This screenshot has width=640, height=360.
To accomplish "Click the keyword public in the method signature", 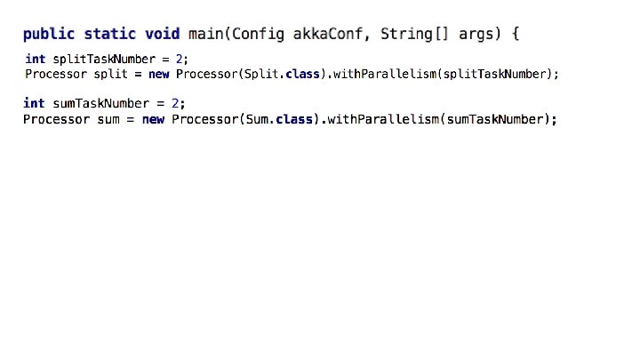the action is (x=50, y=35).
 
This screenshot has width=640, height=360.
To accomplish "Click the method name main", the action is (x=207, y=35).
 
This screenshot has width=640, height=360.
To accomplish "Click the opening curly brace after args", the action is (x=516, y=35).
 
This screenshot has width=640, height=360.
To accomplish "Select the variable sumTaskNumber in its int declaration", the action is (x=99, y=103).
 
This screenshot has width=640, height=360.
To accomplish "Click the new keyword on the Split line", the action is (x=157, y=74).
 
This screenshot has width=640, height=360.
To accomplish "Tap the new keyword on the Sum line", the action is (x=153, y=119).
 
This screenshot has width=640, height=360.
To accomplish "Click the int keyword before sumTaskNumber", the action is (x=34, y=103).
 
